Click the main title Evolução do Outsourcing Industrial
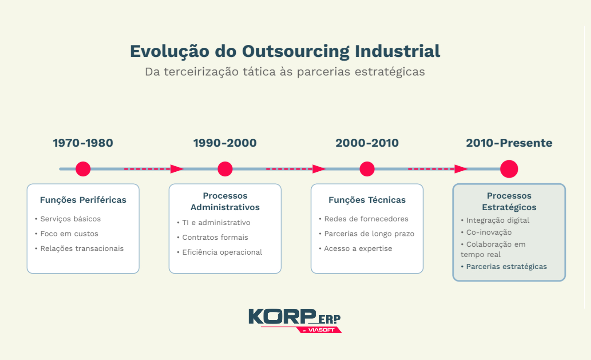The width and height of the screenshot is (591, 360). point(285,51)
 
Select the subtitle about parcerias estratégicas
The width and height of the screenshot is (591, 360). point(285,72)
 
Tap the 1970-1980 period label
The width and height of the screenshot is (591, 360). point(83,143)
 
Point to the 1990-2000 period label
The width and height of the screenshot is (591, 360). point(225,143)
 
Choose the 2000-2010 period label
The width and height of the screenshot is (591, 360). point(367,143)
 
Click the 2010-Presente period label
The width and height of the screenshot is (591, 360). point(509,143)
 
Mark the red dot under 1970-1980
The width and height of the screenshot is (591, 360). point(83,169)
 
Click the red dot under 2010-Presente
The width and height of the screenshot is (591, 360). point(509,169)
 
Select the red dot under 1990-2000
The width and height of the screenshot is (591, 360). point(225,169)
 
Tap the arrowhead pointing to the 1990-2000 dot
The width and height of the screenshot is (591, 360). point(177,169)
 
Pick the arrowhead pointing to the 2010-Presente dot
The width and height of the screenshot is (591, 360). point(461,169)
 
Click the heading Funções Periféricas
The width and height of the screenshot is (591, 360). point(83,200)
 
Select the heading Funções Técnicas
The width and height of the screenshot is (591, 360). point(367,200)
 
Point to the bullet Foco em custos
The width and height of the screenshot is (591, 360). point(69,234)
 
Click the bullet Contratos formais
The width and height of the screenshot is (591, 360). point(215,238)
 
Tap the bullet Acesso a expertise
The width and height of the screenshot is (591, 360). point(358,248)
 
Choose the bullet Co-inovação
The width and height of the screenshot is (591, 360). point(488,232)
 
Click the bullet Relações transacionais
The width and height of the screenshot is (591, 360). point(82,248)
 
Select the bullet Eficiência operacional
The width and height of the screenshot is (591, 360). point(222,252)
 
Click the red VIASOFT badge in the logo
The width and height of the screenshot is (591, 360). point(320,330)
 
